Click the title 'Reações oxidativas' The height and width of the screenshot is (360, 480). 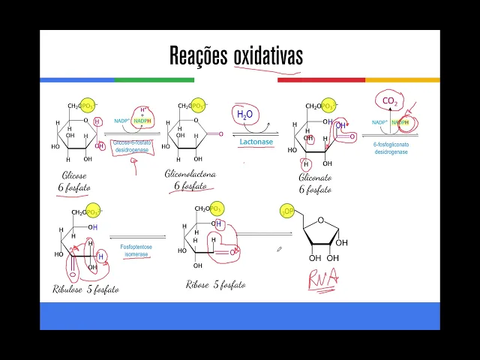click(235, 55)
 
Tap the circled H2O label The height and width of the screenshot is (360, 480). click(245, 114)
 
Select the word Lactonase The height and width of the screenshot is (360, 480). click(256, 141)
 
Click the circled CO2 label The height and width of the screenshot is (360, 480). click(390, 101)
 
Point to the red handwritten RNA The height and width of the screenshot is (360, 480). click(323, 280)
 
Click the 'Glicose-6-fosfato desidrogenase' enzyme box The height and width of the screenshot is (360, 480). click(132, 145)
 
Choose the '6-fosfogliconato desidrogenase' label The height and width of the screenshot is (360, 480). click(390, 147)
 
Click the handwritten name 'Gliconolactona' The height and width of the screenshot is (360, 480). click(190, 173)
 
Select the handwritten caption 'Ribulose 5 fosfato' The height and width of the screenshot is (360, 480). click(85, 288)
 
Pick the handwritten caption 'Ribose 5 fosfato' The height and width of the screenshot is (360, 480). click(215, 284)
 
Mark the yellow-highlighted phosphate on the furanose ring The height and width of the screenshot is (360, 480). click(288, 212)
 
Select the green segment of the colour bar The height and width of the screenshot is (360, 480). click(154, 79)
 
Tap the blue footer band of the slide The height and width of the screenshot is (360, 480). click(240, 316)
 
